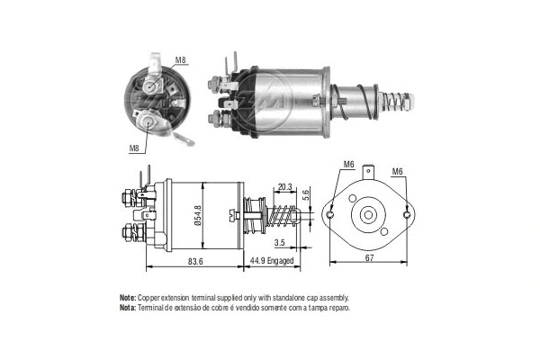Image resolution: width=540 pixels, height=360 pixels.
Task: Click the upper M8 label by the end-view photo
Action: tap(181, 61)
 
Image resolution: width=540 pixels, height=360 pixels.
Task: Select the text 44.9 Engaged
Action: tap(274, 262)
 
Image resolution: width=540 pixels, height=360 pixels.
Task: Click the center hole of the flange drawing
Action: tap(369, 216)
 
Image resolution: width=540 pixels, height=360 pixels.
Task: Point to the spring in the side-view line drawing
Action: tap(281, 218)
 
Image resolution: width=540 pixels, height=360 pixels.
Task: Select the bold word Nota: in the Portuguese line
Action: tap(127, 308)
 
